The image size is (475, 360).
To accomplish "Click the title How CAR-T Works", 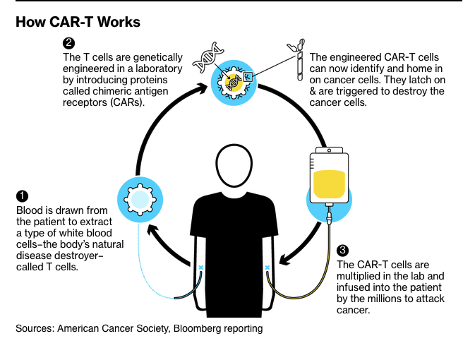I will pyautogui.click(x=78, y=23).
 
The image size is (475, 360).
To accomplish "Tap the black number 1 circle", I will pyautogui.click(x=22, y=196).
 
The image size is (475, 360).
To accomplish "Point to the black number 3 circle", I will pyautogui.click(x=343, y=250).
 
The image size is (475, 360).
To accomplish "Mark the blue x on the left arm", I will pyautogui.click(x=200, y=268).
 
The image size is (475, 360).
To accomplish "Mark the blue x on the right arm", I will pyautogui.click(x=267, y=268).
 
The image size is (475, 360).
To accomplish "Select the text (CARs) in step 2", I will pyautogui.click(x=124, y=102).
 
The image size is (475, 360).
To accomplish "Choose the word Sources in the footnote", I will pyautogui.click(x=34, y=328).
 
